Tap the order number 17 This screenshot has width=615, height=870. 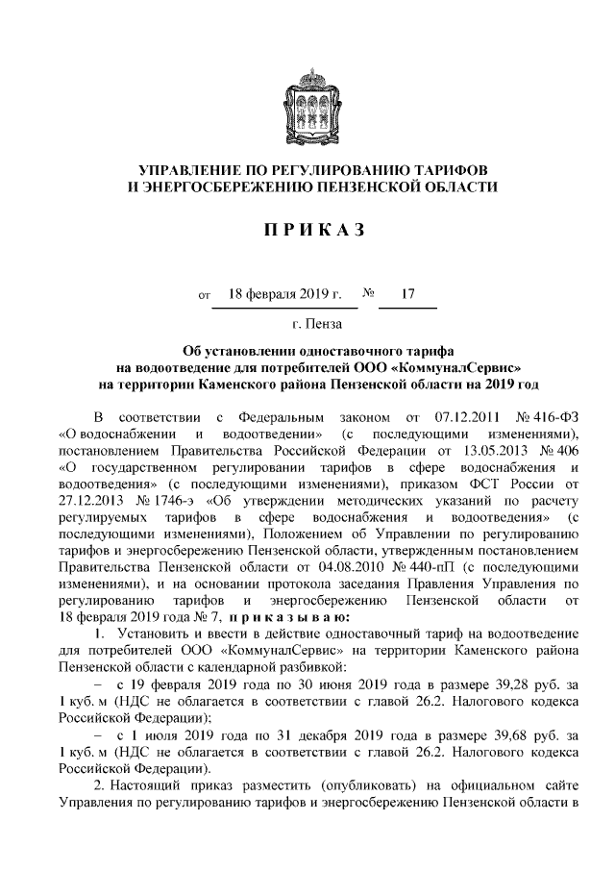coord(407,293)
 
